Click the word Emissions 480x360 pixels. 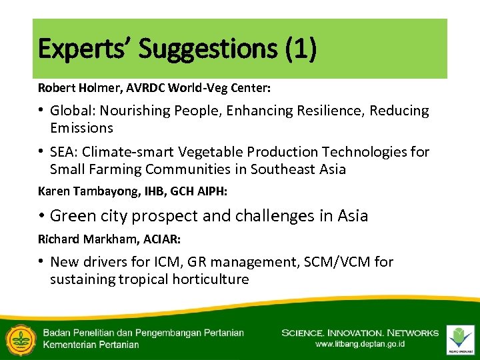81,127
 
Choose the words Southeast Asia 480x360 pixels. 298,169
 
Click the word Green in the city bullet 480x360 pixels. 72,216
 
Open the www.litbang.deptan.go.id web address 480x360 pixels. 360,345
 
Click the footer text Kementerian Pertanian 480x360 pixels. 91,345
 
